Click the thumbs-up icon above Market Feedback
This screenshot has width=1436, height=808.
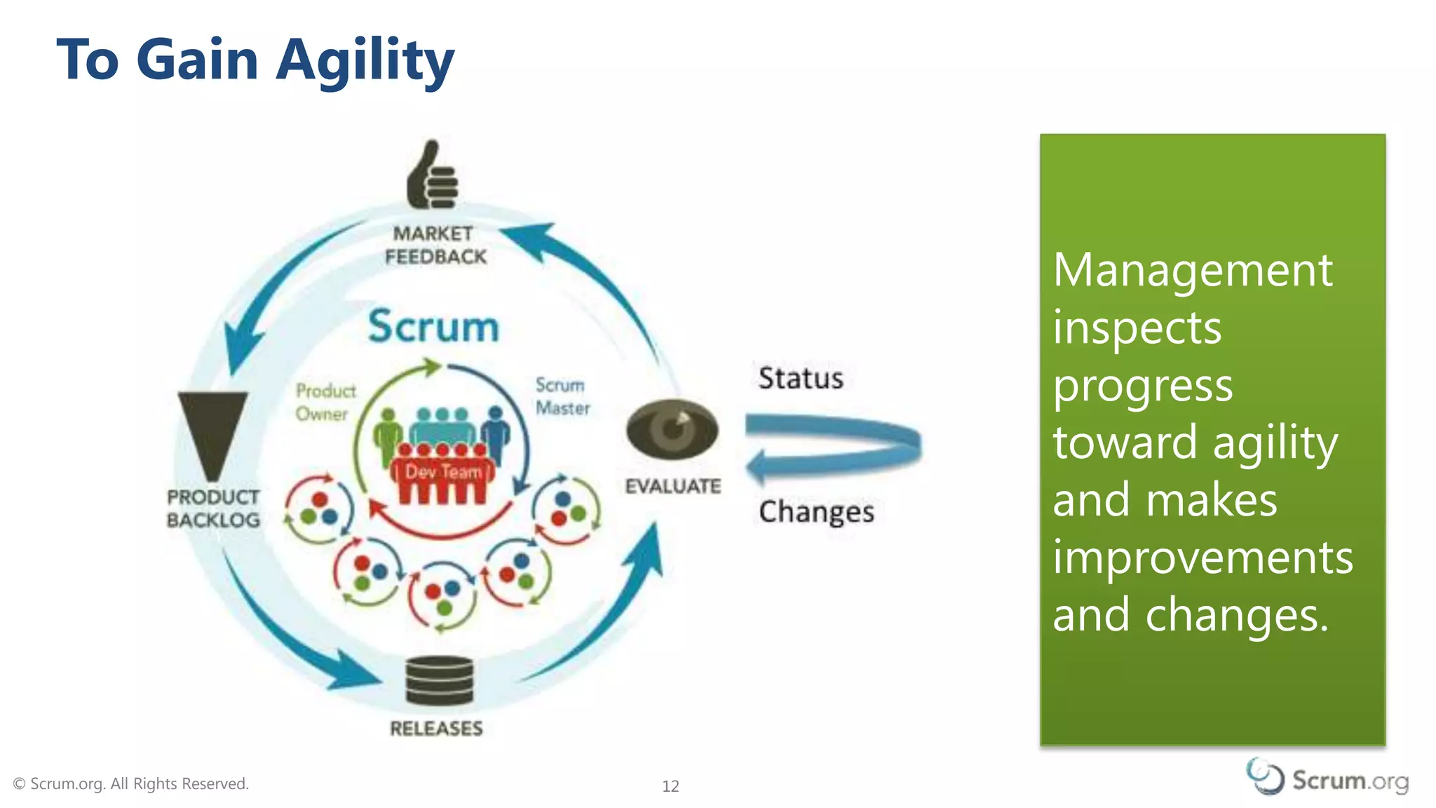pos(432,176)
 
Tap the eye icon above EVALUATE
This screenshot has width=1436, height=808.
pos(672,429)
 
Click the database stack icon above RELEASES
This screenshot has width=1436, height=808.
pos(440,680)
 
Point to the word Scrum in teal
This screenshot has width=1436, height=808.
pos(433,327)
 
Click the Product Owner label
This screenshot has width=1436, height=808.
pos(325,402)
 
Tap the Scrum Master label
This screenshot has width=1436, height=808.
pos(562,396)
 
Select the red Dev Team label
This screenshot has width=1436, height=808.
pos(442,472)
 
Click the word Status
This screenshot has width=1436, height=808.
pos(801,378)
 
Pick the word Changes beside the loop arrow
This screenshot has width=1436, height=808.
pos(816,511)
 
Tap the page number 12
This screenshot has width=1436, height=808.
pos(670,786)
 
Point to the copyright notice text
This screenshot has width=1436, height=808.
pos(131,783)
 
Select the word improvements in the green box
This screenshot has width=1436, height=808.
pos(1203,558)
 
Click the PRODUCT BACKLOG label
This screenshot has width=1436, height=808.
pos(213,509)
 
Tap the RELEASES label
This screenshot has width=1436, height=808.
pos(436,729)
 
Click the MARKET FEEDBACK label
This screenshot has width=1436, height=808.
pos(435,245)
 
